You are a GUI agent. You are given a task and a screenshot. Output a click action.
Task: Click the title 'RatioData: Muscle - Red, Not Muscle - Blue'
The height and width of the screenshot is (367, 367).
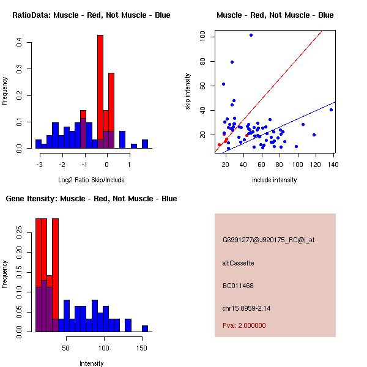pyautogui.click(x=91, y=15)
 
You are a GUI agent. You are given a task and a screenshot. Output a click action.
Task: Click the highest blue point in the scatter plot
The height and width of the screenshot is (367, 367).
pyautogui.click(x=251, y=35)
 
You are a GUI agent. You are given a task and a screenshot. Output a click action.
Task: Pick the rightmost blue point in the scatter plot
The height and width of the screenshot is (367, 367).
pyautogui.click(x=331, y=109)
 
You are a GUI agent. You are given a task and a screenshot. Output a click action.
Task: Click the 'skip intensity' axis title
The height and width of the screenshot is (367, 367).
pyautogui.click(x=188, y=91)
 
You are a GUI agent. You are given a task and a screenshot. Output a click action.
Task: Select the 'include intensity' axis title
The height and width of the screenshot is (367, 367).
pyautogui.click(x=275, y=180)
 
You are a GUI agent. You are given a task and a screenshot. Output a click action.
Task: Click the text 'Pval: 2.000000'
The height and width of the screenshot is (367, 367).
pyautogui.click(x=244, y=325)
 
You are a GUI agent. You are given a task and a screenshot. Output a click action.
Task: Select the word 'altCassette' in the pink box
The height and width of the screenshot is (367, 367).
pyautogui.click(x=238, y=263)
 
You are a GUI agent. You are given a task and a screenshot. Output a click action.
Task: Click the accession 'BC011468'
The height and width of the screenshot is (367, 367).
pyautogui.click(x=238, y=286)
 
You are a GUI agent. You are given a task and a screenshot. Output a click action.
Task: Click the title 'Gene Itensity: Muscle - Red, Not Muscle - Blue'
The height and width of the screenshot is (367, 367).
pyautogui.click(x=91, y=199)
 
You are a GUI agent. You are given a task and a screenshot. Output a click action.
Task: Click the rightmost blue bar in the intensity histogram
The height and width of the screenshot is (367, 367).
pyautogui.click(x=145, y=328)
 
